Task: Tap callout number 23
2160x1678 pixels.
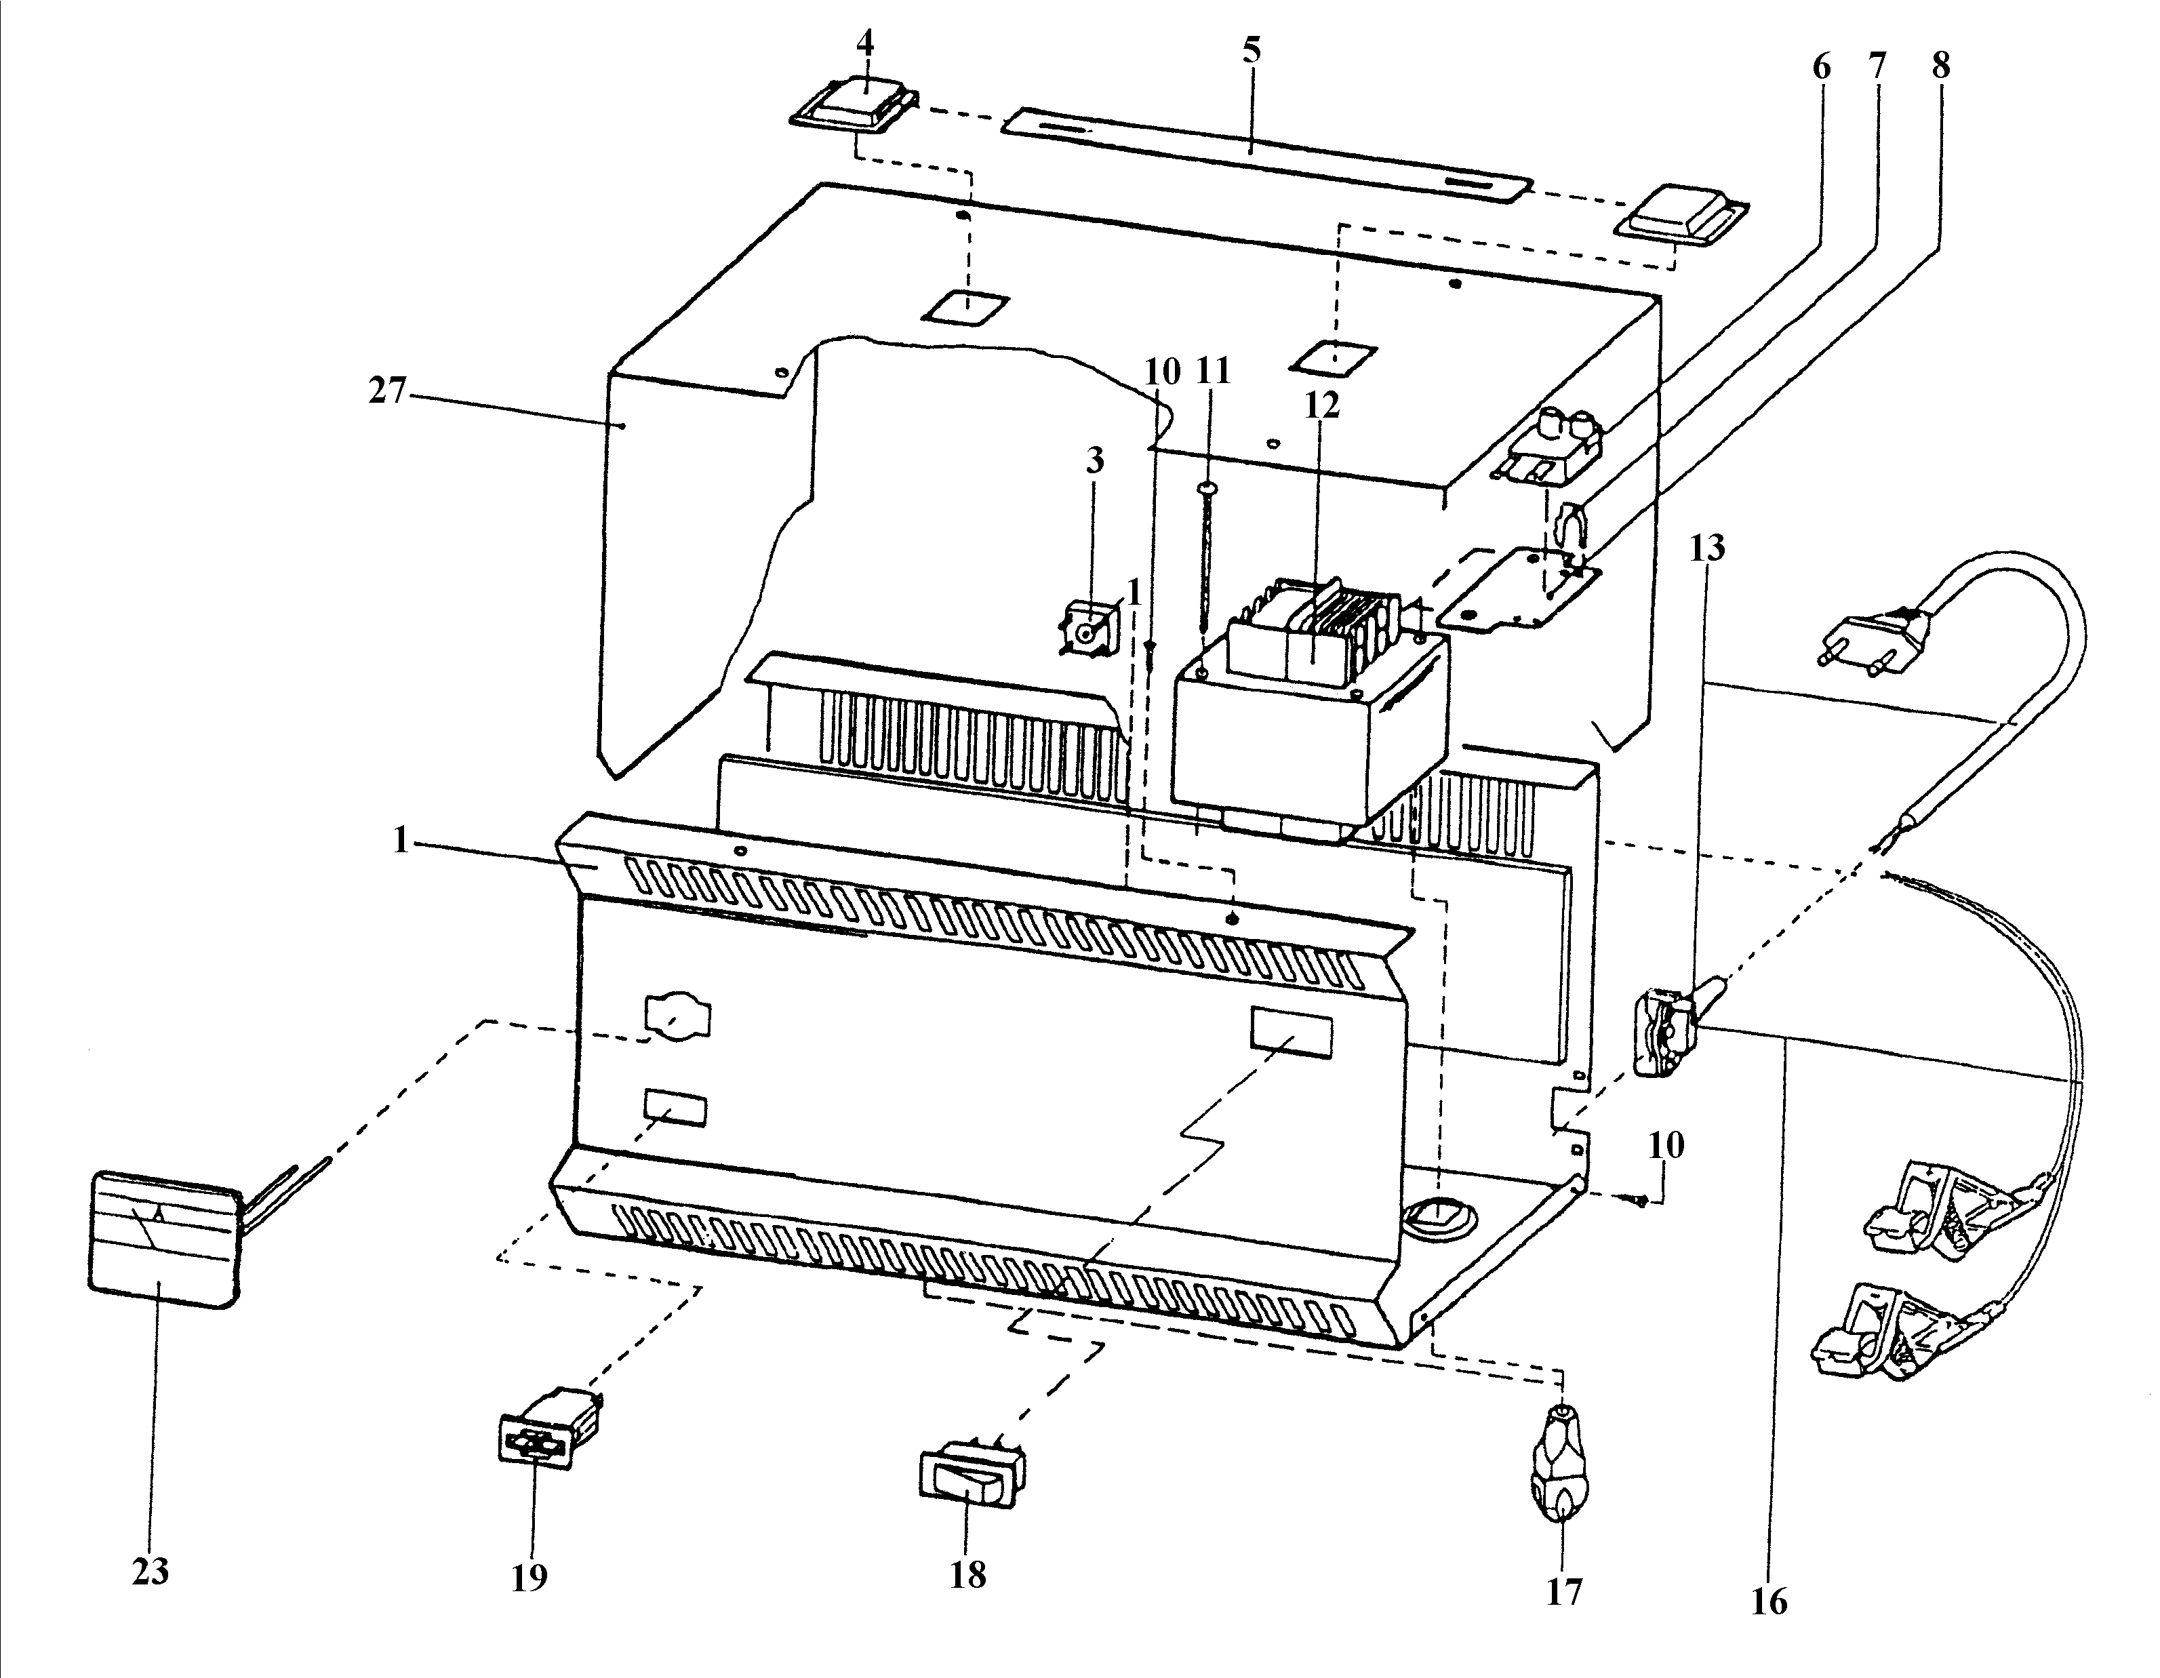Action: point(151,1570)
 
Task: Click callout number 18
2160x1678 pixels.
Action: point(968,1574)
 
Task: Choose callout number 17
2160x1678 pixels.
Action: point(1563,1591)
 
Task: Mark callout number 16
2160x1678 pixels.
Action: point(1769,1601)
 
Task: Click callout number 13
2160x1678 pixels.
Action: point(1707,547)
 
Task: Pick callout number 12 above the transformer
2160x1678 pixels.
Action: point(1321,405)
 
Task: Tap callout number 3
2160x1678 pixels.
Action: point(1095,461)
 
